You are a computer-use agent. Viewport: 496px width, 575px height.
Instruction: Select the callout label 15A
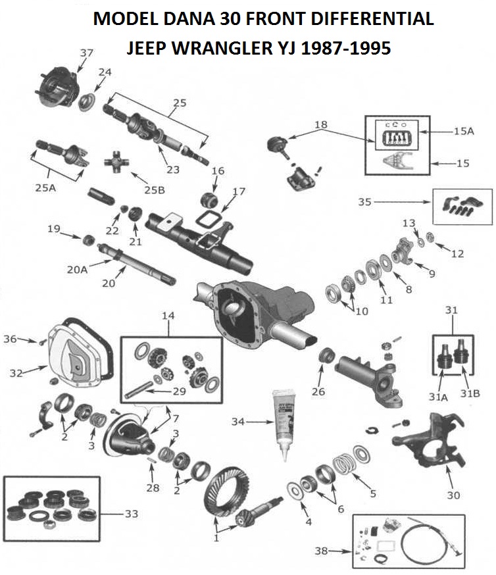coord(463,132)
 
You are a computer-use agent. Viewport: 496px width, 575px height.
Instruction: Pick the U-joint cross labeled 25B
coord(120,160)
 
